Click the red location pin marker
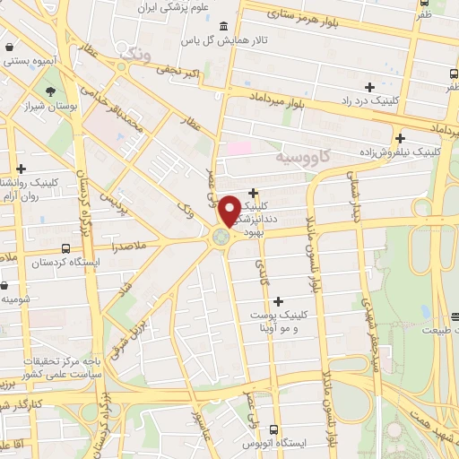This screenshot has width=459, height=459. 229,210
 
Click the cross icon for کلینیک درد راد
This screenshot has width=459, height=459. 370,87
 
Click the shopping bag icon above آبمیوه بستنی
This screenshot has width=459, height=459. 9,48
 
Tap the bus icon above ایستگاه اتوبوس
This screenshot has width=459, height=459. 274,429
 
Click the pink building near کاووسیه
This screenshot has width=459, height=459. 240,147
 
